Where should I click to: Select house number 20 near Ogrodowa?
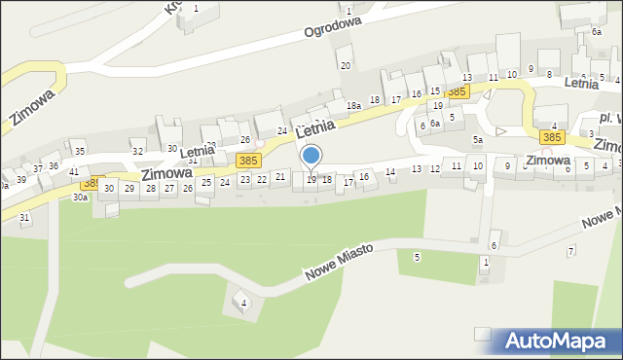(345, 65)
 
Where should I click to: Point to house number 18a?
(353, 105)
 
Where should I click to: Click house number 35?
(80, 151)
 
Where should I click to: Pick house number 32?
(138, 151)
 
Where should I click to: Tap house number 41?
(74, 171)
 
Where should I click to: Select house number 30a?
(80, 197)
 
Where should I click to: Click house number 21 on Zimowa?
(280, 176)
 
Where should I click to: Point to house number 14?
(390, 171)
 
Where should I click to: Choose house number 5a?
(478, 139)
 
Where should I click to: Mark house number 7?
(570, 251)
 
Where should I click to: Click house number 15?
(435, 90)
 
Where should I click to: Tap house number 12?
(435, 168)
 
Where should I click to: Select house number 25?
(205, 182)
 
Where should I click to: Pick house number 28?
(150, 188)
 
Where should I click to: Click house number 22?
(261, 179)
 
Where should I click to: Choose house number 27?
(169, 188)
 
